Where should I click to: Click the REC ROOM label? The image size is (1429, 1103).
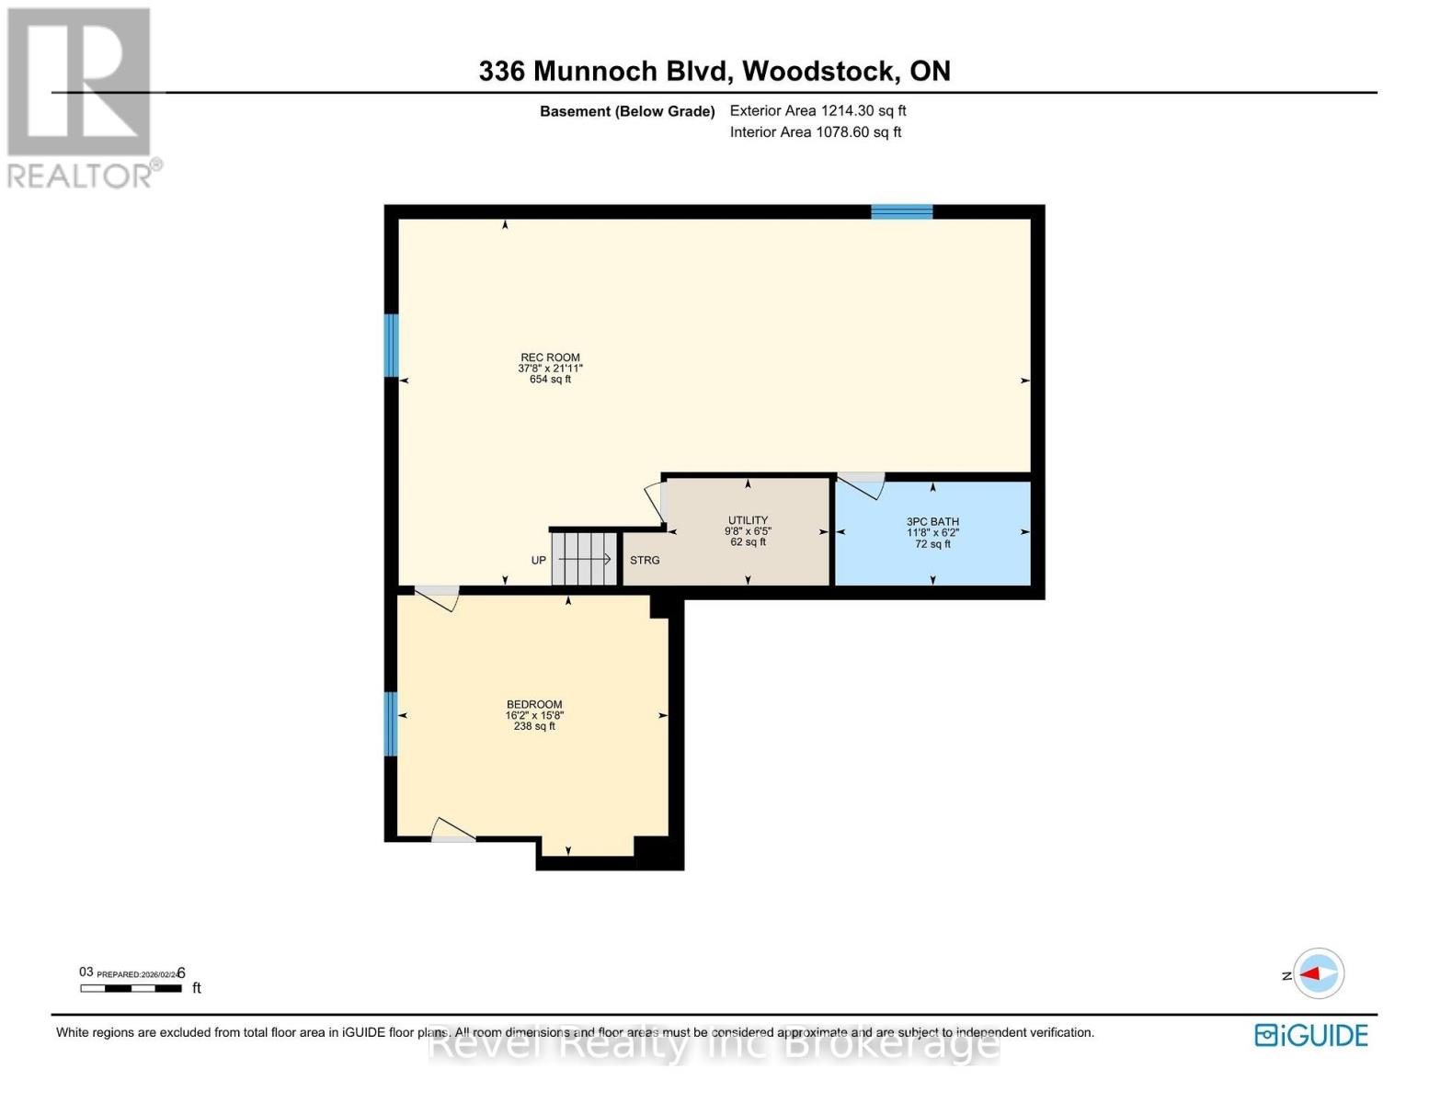point(550,358)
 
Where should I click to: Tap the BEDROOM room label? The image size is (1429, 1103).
point(533,705)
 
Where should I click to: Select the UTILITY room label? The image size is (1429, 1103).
point(748,520)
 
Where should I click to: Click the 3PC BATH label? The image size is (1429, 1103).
point(932,522)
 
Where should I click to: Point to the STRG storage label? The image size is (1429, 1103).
point(645,561)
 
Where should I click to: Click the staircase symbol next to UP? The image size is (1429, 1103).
point(584,559)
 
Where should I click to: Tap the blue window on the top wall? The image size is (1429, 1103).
point(901,212)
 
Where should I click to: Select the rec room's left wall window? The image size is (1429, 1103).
point(391,346)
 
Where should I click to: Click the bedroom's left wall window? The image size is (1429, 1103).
point(391,723)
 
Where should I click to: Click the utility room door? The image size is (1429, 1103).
point(656,501)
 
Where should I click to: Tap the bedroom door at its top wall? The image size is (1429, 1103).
point(438,597)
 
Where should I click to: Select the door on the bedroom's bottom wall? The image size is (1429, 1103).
point(452,831)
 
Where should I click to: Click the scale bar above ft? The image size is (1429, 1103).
point(131,989)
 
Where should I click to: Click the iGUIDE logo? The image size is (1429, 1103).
point(1311,1035)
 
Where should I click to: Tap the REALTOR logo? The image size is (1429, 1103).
point(81,97)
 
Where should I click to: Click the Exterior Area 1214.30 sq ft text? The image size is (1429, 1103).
point(817,111)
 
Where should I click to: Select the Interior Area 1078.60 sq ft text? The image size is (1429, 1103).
point(815,132)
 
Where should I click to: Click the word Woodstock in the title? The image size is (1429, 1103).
point(819,72)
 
